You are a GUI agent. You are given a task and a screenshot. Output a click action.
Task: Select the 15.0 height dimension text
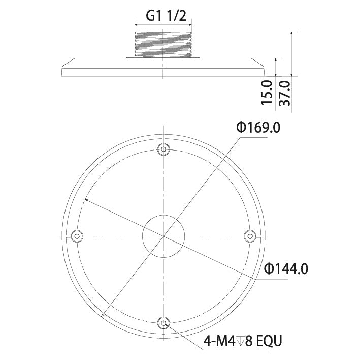click(268, 92)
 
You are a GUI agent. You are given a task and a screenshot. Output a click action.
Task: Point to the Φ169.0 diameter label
click(257, 127)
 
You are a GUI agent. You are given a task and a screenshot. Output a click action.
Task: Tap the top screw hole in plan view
click(163, 149)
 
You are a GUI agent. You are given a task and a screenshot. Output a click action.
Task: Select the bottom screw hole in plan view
click(163, 322)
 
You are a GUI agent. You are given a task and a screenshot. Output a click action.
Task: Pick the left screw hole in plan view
click(77, 235)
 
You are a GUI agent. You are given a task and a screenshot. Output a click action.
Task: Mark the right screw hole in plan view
click(249, 235)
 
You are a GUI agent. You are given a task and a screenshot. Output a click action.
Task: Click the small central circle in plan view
click(163, 236)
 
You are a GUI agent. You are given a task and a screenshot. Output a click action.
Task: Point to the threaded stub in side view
click(163, 44)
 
